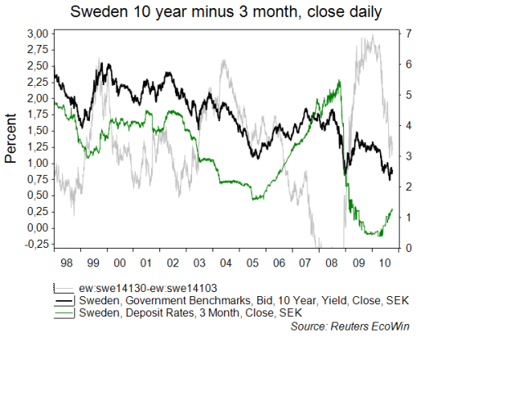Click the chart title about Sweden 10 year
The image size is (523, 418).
226,12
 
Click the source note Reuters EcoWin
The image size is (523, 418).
349,326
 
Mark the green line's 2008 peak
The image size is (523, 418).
339,80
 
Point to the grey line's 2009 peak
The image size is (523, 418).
373,36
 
